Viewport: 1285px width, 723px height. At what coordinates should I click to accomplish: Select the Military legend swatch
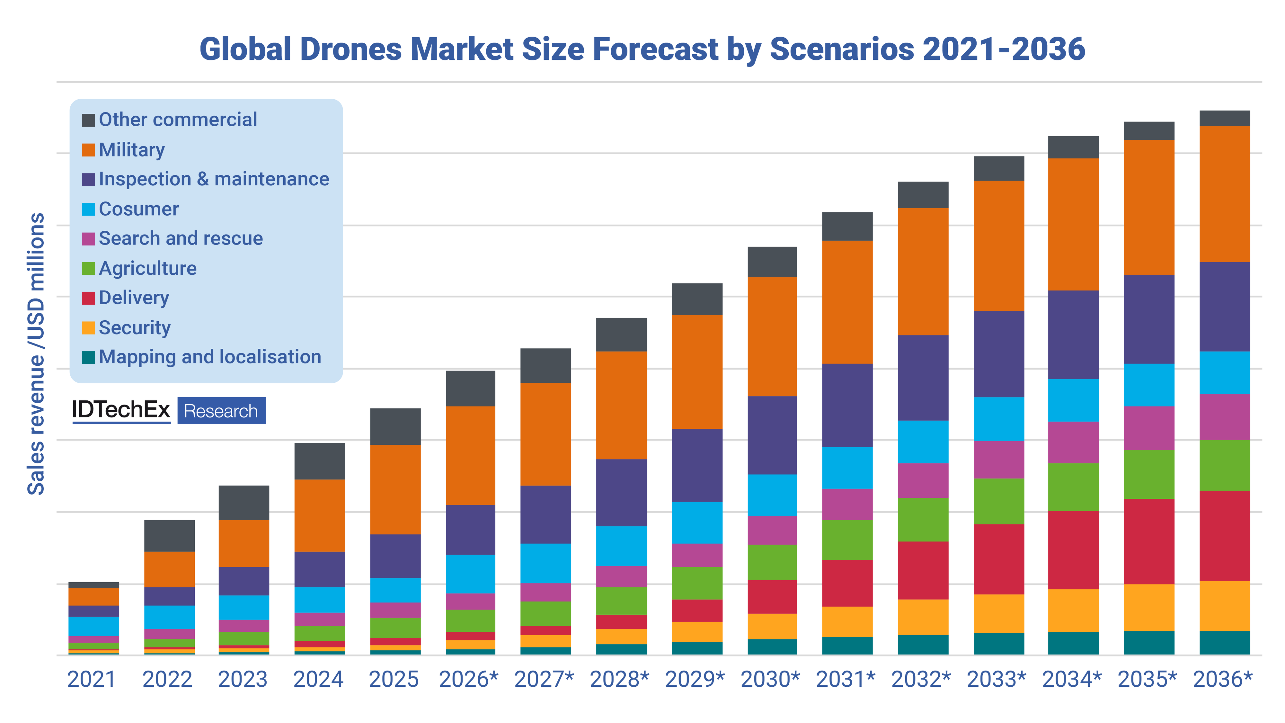[x=88, y=150]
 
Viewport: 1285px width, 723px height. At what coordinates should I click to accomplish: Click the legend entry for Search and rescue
[x=181, y=238]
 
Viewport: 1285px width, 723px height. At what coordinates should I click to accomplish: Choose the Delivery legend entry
[x=134, y=298]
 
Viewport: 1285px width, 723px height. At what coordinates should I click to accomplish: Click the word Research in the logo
[x=221, y=411]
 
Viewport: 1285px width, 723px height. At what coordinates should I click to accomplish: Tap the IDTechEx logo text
[x=121, y=410]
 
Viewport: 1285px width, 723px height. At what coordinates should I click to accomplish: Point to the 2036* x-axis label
[x=1223, y=680]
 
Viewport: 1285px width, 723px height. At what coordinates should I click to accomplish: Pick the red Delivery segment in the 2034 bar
[x=1073, y=550]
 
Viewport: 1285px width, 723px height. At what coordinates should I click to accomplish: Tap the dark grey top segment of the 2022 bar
[x=170, y=535]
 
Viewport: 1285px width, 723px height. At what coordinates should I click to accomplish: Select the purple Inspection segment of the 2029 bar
[x=697, y=465]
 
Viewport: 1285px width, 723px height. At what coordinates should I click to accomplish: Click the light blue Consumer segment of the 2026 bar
[x=470, y=574]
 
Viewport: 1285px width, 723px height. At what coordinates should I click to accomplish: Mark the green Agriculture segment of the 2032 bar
[x=923, y=519]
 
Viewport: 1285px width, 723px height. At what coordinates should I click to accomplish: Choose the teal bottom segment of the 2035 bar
[x=1149, y=643]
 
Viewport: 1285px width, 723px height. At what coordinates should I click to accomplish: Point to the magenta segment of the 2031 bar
[x=847, y=504]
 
